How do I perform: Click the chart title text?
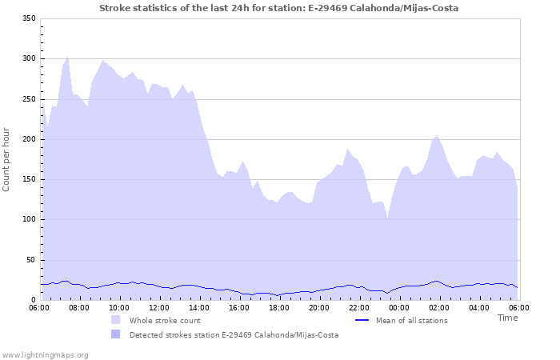click(279, 8)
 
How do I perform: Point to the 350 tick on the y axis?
click(29, 18)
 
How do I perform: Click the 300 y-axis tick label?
click(29, 59)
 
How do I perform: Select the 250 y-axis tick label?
click(29, 99)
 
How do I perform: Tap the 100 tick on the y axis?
click(29, 220)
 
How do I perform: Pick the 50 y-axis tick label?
click(31, 260)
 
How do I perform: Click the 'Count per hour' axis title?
click(7, 158)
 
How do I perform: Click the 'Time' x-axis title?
click(507, 318)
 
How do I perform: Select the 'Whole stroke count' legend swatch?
click(116, 321)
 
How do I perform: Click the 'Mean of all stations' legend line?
click(362, 321)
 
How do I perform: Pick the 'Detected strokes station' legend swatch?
click(116, 335)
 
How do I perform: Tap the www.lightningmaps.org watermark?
click(45, 354)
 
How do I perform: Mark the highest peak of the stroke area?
click(67, 56)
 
